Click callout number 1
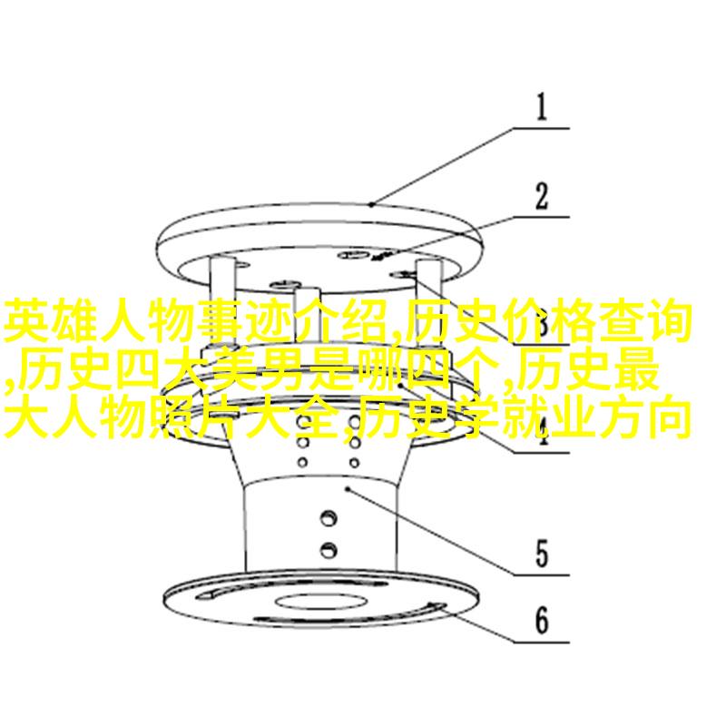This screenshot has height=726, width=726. (541, 107)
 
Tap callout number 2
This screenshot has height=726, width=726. (541, 196)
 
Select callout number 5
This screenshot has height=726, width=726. (542, 554)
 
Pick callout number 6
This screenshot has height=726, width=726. (542, 621)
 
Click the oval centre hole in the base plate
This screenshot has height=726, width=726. (321, 602)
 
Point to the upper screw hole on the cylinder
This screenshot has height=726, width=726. (329, 517)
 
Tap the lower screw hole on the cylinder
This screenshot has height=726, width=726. (329, 550)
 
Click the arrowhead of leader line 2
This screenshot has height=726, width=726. (380, 256)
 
